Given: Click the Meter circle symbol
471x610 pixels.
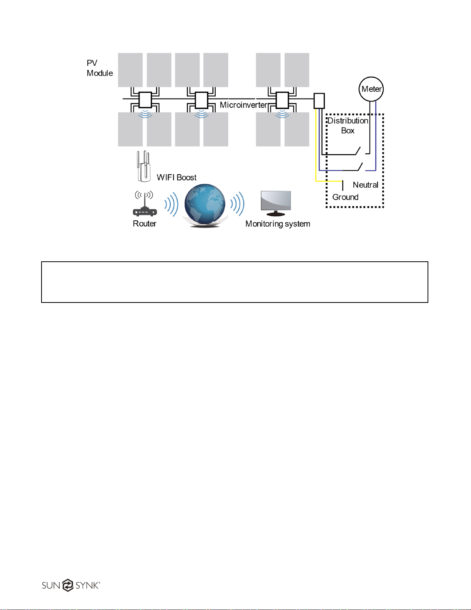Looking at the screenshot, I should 371,89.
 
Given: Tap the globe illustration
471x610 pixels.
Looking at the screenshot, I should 205,204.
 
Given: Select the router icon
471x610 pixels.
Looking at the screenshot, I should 144,204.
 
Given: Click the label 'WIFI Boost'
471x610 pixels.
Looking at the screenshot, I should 176,177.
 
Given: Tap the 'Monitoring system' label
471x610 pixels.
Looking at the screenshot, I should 278,224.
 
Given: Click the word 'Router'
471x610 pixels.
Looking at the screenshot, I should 145,224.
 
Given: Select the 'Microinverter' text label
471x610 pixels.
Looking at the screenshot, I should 243,105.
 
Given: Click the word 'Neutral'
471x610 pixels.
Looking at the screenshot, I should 365,185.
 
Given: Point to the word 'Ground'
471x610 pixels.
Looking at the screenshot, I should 345,197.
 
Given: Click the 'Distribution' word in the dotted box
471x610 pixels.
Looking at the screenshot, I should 348,121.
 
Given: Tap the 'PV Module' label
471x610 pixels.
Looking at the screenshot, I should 100,68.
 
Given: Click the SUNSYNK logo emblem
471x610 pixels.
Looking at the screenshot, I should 68,585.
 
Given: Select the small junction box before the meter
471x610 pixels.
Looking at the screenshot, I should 319,101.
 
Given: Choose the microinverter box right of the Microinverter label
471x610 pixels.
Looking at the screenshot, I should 283,100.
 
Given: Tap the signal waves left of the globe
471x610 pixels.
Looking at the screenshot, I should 171,204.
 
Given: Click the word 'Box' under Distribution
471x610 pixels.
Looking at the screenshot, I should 348,131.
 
